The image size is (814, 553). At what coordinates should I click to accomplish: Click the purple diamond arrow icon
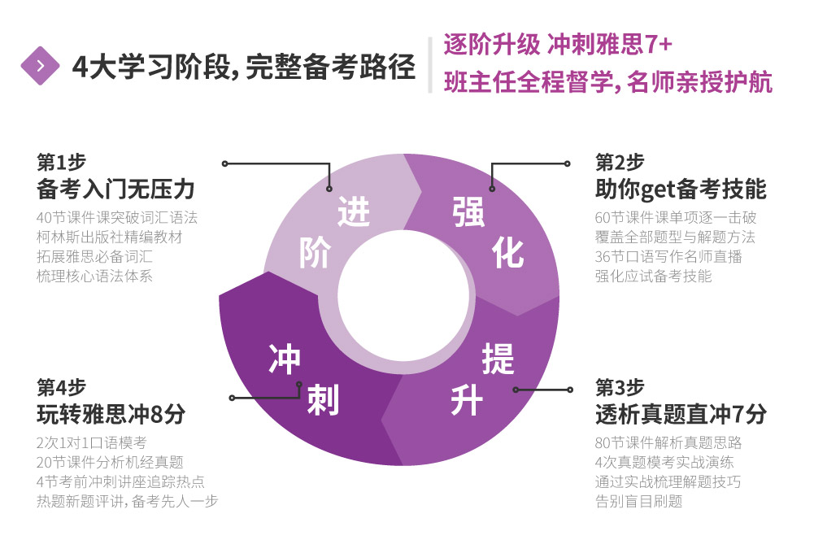40,65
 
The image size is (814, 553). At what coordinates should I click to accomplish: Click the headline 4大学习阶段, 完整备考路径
244,67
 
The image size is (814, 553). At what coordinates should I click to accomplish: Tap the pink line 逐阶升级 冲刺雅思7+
558,44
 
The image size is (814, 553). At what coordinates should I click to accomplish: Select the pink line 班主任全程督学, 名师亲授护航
608,82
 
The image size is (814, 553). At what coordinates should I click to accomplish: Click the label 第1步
61,163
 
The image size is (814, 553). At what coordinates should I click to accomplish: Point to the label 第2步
620,163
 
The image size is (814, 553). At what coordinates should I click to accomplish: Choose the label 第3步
620,387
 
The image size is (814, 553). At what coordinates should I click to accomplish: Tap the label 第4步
61,387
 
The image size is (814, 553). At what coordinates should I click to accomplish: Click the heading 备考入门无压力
115,189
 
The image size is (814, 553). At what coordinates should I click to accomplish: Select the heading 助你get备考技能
681,189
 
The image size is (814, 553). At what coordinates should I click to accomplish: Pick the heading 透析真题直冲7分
681,415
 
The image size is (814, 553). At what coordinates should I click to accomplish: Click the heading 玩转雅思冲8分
111,415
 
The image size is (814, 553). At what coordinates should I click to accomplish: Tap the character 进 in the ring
354,211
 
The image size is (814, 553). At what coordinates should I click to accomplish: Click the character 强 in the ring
468,212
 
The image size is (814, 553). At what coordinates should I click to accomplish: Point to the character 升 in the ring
467,400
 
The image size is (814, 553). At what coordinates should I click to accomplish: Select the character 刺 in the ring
323,399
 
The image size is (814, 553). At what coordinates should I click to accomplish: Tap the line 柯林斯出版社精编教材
110,237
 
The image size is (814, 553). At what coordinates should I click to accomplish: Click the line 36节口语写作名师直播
668,256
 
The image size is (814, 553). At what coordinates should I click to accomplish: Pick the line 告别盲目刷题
638,502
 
